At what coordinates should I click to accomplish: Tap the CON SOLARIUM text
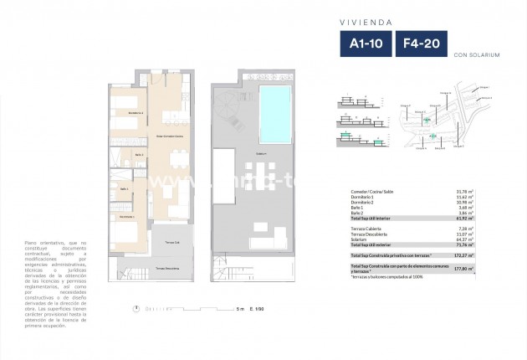tap(476, 57)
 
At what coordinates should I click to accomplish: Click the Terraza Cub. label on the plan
tap(171, 241)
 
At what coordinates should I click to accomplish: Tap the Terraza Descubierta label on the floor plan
tap(167, 268)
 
